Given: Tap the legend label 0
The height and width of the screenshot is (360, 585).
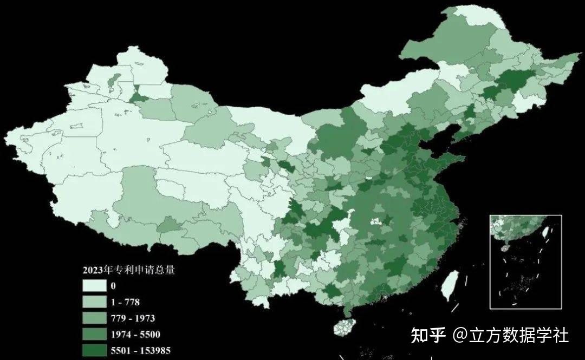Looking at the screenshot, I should (113, 286).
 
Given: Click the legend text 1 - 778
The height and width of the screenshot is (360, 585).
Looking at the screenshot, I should (125, 302).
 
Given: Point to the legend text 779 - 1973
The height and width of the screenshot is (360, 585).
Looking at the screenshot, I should (133, 318).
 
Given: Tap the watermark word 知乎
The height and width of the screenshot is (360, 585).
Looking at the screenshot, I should (428, 335).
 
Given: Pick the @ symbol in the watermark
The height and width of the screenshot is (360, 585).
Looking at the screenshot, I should (460, 336).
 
